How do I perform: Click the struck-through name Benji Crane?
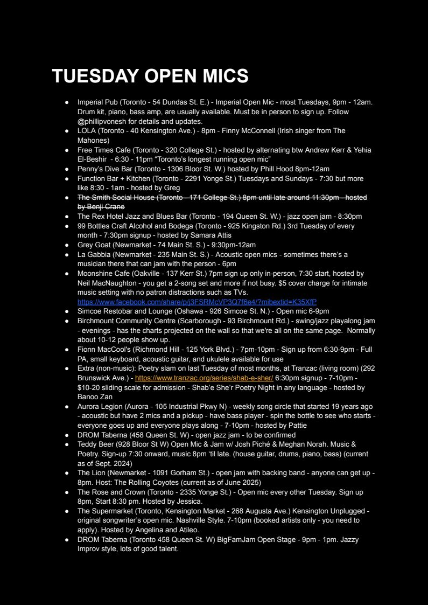coord(101,207)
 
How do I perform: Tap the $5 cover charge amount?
coord(293,283)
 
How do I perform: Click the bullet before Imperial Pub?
coord(67,102)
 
